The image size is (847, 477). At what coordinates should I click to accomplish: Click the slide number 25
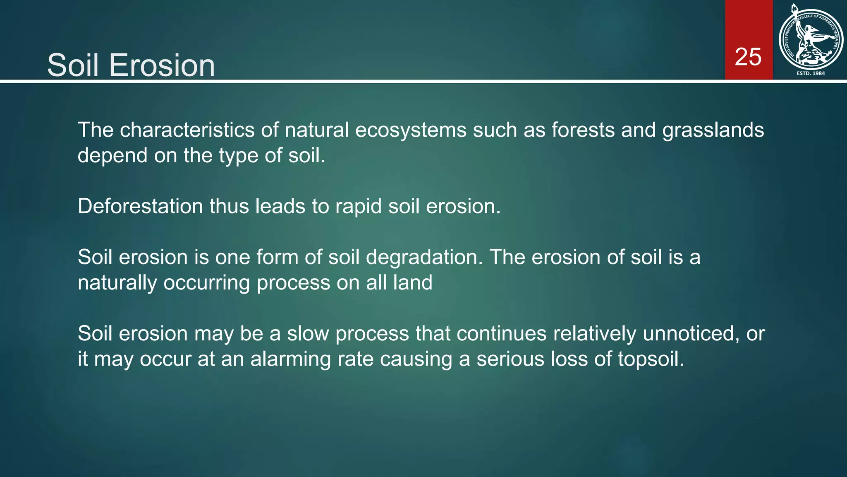tap(748, 57)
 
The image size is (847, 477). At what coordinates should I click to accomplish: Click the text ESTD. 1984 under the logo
tap(811, 73)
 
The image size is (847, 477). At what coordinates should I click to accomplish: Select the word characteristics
tap(187, 130)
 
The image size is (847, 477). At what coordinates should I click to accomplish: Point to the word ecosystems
tap(410, 130)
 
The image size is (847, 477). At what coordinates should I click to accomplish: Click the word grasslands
tap(713, 130)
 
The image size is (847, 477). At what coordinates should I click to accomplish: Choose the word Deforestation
tap(140, 206)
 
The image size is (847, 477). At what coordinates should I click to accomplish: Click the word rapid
tap(358, 206)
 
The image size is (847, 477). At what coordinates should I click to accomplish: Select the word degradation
tap(424, 257)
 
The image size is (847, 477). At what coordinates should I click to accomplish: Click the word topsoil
tap(651, 359)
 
